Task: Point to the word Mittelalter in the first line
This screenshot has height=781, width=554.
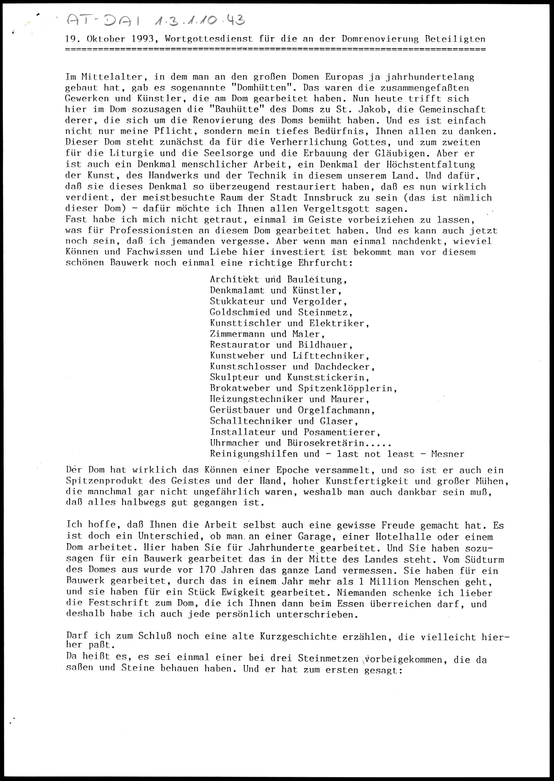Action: click(112, 77)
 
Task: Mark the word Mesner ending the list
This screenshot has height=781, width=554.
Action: click(447, 454)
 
